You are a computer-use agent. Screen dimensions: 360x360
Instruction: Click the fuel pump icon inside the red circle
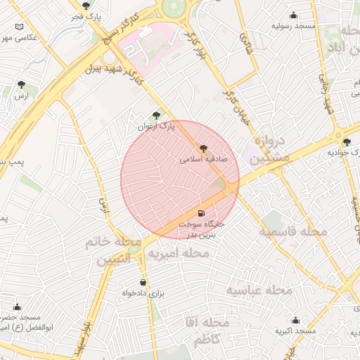(202, 212)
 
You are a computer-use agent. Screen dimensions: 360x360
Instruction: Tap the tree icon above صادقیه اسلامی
(204, 148)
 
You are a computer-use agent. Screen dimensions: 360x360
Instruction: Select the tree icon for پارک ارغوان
(156, 115)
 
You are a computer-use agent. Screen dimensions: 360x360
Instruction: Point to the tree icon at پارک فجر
(86, 6)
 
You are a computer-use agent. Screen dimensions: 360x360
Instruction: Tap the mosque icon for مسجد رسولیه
(294, 15)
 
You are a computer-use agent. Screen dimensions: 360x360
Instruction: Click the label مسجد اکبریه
(294, 330)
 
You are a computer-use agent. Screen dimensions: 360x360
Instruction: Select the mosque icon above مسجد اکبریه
(295, 320)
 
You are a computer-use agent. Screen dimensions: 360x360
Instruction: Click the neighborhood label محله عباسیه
(259, 290)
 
